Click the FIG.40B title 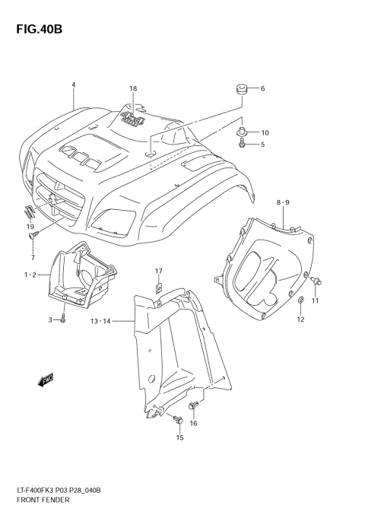click(x=36, y=29)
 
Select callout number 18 click(x=133, y=89)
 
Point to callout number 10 click(x=265, y=132)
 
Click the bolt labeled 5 click(x=242, y=144)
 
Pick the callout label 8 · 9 click(x=283, y=202)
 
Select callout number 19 click(x=30, y=227)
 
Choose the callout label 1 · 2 click(x=30, y=274)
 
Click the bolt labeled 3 click(x=63, y=320)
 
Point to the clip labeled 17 click(x=159, y=288)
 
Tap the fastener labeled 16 click(x=194, y=404)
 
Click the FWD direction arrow click(x=46, y=378)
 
